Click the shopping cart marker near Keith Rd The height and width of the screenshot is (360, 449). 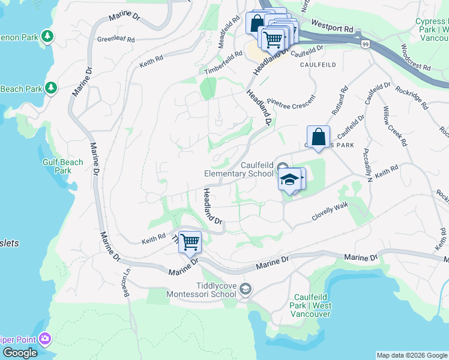coord(190,243)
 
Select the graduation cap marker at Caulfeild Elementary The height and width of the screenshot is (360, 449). coord(289,179)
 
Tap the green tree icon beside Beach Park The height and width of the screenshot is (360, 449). coord(51,88)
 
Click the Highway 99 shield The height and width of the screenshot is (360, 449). coord(365,44)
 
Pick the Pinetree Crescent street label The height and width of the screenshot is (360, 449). coord(291,104)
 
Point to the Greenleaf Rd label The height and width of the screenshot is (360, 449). coord(115,40)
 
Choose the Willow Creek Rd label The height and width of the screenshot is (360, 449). coord(394,126)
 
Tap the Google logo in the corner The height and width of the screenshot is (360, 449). coord(20,353)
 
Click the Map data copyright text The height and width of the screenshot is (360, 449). coord(411,355)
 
